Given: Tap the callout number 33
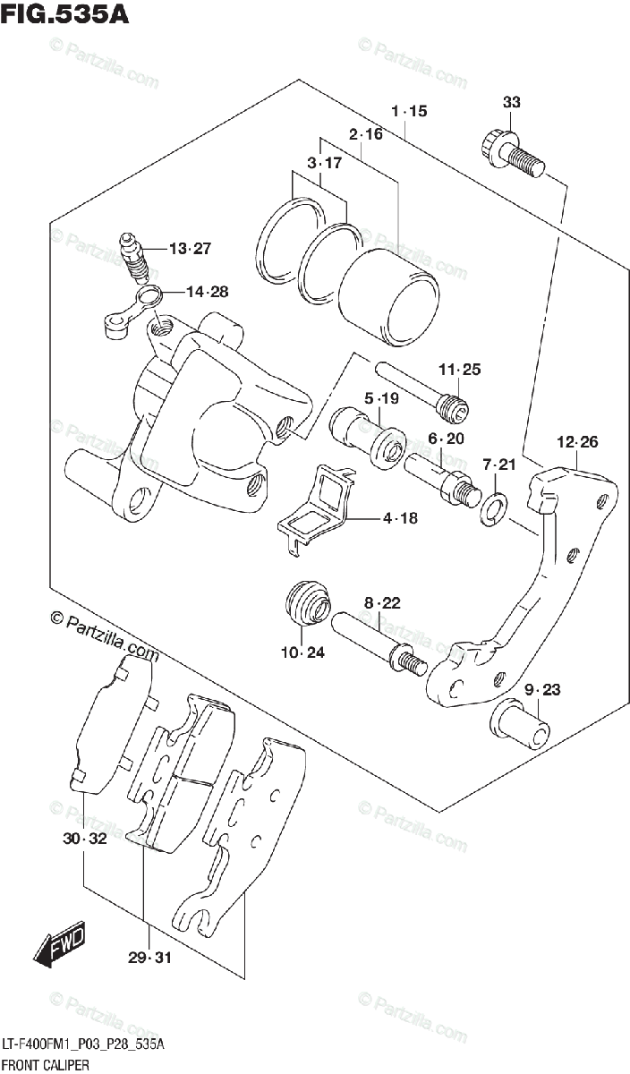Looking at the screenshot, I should (511, 103).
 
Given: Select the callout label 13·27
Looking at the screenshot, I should (189, 248).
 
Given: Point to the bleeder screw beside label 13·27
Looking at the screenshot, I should (132, 254).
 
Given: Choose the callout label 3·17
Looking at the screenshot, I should (324, 164).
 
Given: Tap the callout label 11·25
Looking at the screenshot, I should (460, 369).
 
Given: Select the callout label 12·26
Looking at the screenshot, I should (577, 441).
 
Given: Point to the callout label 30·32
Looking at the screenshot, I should (85, 839).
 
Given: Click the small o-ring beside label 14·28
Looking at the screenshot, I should (149, 295).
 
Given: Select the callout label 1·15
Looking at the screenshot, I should (410, 112).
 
